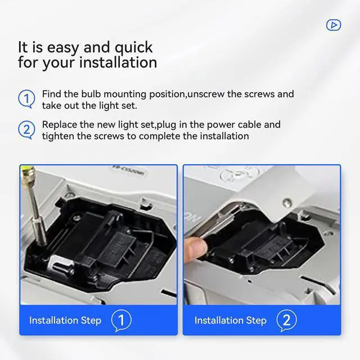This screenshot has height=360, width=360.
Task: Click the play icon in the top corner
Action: click(333, 25)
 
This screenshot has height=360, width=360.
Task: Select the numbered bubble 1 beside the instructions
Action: click(26, 99)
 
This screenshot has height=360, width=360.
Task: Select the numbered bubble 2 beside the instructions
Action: click(26, 130)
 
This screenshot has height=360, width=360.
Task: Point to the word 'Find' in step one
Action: click(52, 94)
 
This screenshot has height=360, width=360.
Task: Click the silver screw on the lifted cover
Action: click(287, 204)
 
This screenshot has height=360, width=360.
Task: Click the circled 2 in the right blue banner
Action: click(286, 321)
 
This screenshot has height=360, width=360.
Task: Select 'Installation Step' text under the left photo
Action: click(65, 321)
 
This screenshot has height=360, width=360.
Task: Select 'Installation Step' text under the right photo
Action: click(230, 321)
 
